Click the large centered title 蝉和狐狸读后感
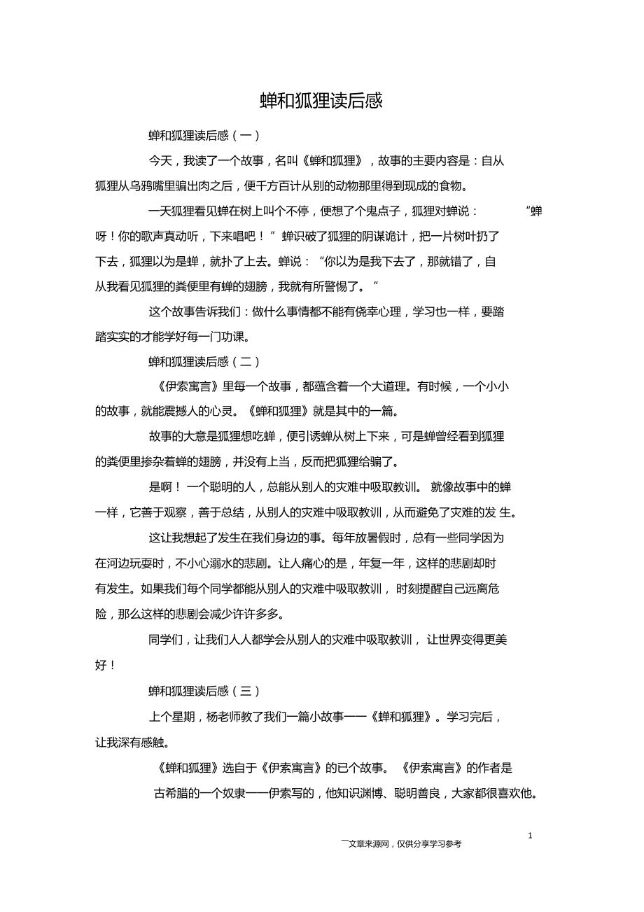coord(321,101)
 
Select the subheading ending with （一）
coord(204,135)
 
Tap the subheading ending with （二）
coord(204,362)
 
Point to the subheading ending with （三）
coord(204,691)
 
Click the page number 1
coord(530,835)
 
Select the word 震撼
coord(202,411)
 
